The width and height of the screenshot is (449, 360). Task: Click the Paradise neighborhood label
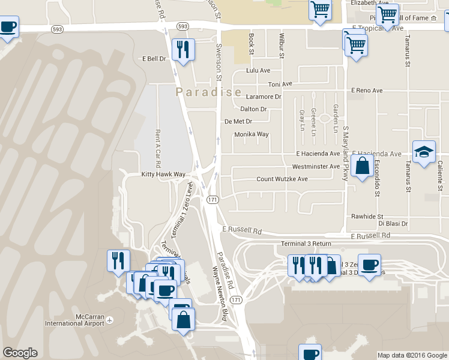(x=208, y=92)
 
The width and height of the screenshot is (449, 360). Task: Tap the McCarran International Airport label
(x=74, y=320)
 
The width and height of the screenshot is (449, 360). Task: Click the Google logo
(x=20, y=353)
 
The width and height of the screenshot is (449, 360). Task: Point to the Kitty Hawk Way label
(x=162, y=175)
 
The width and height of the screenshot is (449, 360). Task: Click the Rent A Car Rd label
(x=158, y=148)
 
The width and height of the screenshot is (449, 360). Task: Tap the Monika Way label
(x=252, y=134)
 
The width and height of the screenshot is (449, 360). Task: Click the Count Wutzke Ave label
(x=282, y=179)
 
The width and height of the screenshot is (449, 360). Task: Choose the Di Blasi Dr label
(x=393, y=223)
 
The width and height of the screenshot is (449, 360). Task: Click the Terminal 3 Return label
(x=306, y=244)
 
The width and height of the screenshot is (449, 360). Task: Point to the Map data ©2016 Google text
(x=412, y=355)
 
